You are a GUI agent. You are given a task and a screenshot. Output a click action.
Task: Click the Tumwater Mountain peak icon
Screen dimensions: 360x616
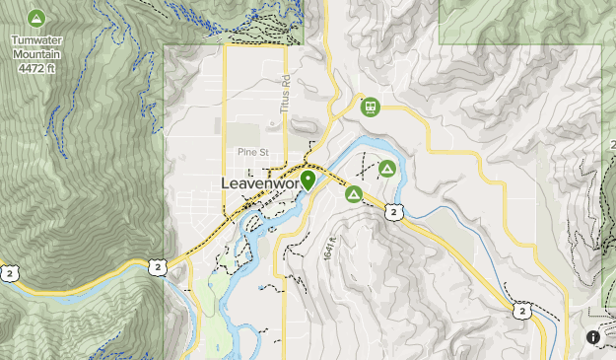point(36,18)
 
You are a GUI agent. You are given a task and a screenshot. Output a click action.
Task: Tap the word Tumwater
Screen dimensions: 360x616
point(36,41)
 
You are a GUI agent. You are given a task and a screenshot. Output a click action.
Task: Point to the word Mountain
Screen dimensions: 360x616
point(36,55)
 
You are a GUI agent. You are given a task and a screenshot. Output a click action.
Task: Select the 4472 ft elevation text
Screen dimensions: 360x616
point(36,69)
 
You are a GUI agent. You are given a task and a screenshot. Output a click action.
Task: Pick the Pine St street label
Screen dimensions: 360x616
point(252,152)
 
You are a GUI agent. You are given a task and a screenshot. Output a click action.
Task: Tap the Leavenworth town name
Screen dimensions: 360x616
point(258,184)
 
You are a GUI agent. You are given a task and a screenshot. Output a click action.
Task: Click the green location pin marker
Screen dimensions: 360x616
point(308,180)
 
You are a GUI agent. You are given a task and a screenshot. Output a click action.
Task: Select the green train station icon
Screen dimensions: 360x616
point(371,106)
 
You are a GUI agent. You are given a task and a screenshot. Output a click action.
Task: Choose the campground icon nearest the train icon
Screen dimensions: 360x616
point(387,170)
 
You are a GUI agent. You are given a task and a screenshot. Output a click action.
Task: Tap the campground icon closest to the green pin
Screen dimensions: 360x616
point(353,194)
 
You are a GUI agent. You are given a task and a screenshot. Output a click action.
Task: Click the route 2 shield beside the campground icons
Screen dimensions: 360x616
point(393,212)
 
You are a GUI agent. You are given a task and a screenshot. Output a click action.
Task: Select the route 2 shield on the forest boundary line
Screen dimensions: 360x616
point(157,267)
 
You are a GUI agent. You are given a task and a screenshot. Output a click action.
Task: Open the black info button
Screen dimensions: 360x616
point(593,337)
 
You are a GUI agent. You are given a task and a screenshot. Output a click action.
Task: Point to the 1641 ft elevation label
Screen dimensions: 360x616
point(329,248)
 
